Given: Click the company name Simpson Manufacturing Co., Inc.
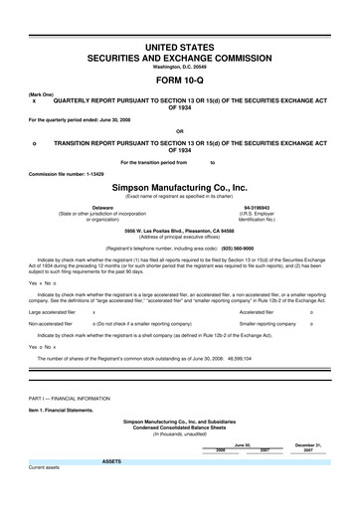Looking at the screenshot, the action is [179, 186].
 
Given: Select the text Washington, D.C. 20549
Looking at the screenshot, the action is [179, 66].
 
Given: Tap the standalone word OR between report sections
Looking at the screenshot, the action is [179, 130].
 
